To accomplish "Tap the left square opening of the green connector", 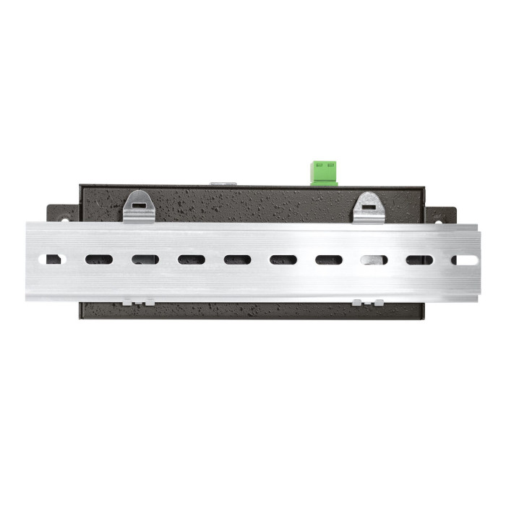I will point(320,166).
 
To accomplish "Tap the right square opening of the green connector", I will point(330,166).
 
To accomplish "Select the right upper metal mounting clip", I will point(369,207).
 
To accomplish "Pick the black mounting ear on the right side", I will point(442,215).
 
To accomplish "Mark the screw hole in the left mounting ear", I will point(64,218).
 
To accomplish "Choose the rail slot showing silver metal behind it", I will point(374,260).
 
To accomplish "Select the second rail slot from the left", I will point(99,260).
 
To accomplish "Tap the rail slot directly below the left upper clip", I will point(145,260).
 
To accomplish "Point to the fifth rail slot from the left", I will point(236,260).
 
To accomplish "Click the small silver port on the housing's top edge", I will point(223,183).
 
